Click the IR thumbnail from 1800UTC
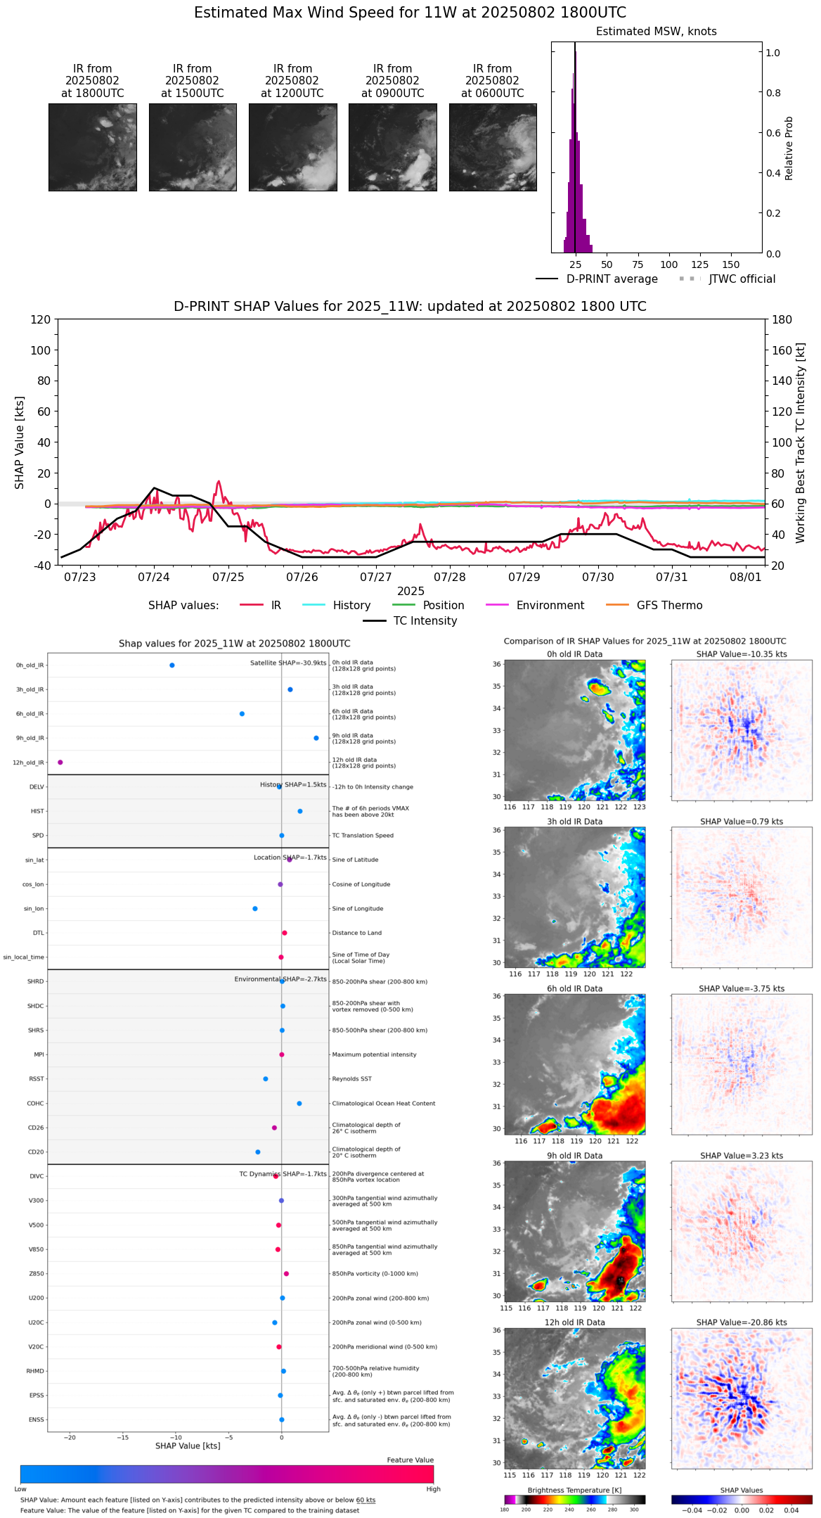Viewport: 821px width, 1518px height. tap(93, 147)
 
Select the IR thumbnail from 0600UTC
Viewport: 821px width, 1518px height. tap(493, 147)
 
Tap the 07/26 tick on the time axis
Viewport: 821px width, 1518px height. tap(302, 577)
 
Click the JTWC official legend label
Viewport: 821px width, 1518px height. tap(742, 279)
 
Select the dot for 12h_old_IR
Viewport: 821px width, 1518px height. tap(60, 762)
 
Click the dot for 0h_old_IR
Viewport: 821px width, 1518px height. tap(172, 665)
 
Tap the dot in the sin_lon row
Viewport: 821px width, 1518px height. tap(255, 908)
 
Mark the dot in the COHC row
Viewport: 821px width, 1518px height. tap(299, 1103)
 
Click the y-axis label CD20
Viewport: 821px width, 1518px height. tap(36, 1152)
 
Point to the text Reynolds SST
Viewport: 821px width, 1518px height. tap(352, 1078)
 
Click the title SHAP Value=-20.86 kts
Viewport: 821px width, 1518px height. tap(742, 1322)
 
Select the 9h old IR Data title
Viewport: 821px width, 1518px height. tap(574, 1155)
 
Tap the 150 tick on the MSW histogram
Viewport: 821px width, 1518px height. tap(731, 264)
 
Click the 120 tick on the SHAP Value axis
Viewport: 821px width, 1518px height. tap(41, 319)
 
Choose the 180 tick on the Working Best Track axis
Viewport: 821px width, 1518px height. tap(782, 319)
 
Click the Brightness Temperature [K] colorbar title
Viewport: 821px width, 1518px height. tap(574, 1489)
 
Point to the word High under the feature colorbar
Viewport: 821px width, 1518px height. tap(433, 1488)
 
